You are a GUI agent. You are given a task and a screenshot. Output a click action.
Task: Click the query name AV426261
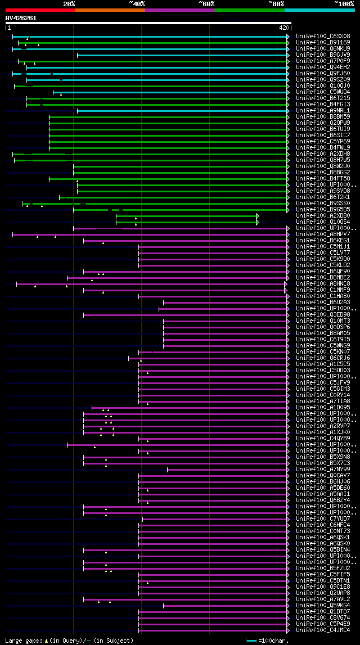coord(21,18)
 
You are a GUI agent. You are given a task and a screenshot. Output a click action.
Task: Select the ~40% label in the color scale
coord(137,3)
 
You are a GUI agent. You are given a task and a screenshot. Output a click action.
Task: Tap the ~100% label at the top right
coord(344,3)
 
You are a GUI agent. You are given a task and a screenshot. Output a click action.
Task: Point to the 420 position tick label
coord(283,28)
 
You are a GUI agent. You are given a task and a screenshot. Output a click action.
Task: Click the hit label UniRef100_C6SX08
coord(323,37)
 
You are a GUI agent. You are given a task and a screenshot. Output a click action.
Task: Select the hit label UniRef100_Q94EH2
coord(323,67)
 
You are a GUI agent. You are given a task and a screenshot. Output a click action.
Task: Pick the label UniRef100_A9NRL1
coord(323,111)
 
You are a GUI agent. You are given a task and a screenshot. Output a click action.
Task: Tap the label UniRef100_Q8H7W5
coord(323,160)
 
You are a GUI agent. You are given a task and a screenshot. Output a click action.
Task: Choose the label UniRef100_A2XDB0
coord(323,216)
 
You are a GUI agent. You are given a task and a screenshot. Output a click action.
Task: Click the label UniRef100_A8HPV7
coord(323,234)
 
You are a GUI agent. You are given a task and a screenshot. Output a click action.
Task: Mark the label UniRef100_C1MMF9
coord(323,290)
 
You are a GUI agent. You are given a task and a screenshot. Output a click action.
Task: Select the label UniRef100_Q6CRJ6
coord(323,358)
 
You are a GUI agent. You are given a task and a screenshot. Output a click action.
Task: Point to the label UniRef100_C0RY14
coord(323,395)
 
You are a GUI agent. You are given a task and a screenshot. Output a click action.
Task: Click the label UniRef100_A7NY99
coord(323,470)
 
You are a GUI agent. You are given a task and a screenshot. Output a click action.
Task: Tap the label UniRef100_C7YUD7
coord(323,519)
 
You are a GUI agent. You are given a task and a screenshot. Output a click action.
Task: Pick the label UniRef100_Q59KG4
coord(323,606)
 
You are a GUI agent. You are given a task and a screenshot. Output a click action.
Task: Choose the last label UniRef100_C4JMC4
coord(323,630)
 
